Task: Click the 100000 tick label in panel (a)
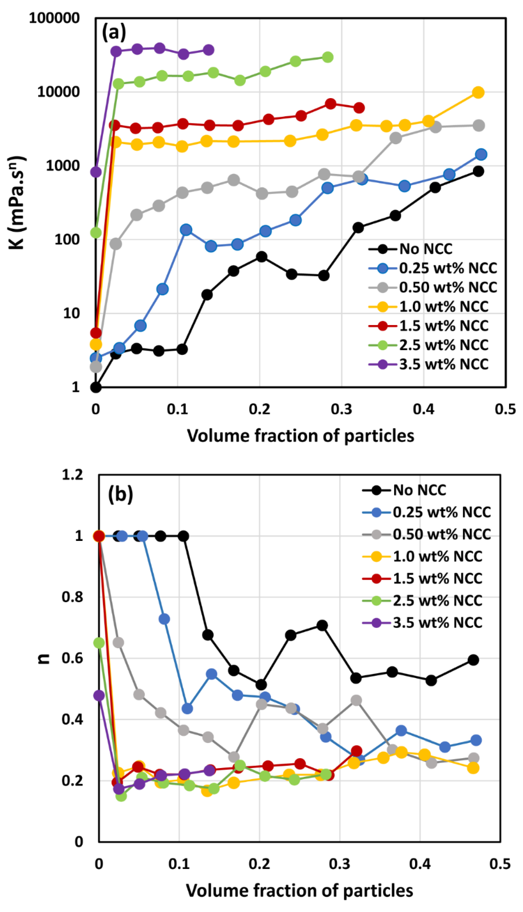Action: coord(54,18)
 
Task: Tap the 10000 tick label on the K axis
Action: coord(58,92)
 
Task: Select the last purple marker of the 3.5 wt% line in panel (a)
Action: coord(208,50)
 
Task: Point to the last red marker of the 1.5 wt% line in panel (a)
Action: coord(359,108)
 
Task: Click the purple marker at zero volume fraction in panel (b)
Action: coord(99,695)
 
